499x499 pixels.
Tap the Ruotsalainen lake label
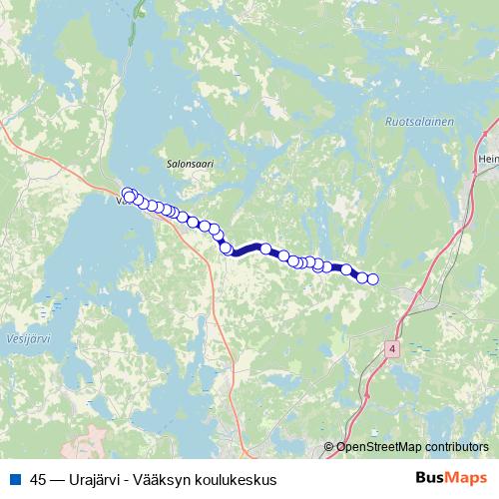418,122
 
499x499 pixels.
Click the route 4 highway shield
390,348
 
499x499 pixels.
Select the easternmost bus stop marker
373,279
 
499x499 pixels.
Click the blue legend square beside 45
14,479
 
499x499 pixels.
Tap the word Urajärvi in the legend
101,479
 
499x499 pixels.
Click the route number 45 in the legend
39,479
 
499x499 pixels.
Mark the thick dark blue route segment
247,250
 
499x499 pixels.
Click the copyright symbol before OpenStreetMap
328,446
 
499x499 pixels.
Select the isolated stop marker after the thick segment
266,249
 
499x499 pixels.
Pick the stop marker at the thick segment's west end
227,249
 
